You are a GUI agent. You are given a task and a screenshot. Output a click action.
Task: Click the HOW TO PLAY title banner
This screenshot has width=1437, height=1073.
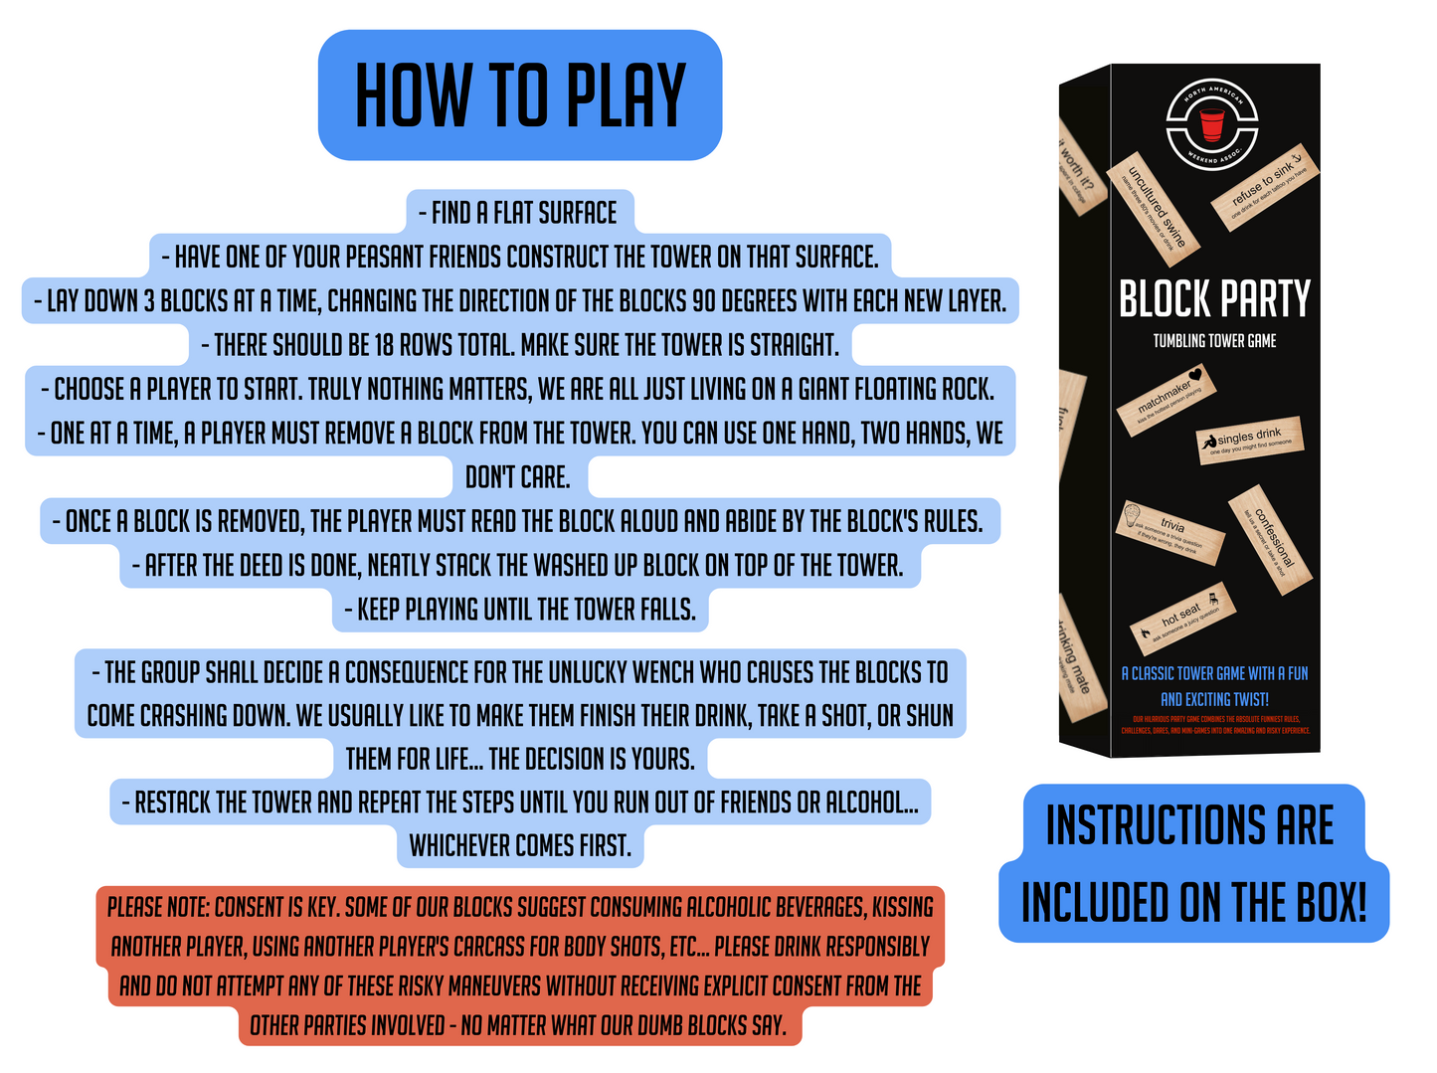click(519, 95)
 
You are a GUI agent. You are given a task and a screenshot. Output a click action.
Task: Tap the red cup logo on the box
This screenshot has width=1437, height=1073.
click(1211, 124)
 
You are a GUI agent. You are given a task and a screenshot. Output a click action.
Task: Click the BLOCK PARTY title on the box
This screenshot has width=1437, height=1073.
click(1214, 299)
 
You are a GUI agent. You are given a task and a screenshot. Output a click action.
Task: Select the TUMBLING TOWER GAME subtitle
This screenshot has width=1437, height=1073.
click(1214, 341)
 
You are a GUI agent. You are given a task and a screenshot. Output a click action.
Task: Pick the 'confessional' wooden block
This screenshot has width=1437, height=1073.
click(1270, 540)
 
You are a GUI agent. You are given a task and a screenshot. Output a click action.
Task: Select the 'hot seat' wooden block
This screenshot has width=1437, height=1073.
click(1182, 619)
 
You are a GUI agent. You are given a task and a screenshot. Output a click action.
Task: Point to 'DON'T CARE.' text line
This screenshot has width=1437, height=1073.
click(518, 477)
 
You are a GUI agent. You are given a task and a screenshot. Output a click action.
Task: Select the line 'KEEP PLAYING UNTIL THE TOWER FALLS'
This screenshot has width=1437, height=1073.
click(519, 610)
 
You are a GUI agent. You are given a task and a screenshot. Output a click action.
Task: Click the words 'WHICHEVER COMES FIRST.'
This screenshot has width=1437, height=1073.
click(520, 845)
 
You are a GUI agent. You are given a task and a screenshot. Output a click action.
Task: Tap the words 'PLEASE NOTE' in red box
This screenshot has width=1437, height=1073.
click(157, 907)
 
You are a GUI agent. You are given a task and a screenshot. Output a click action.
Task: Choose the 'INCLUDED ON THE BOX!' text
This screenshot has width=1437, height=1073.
click(1193, 903)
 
